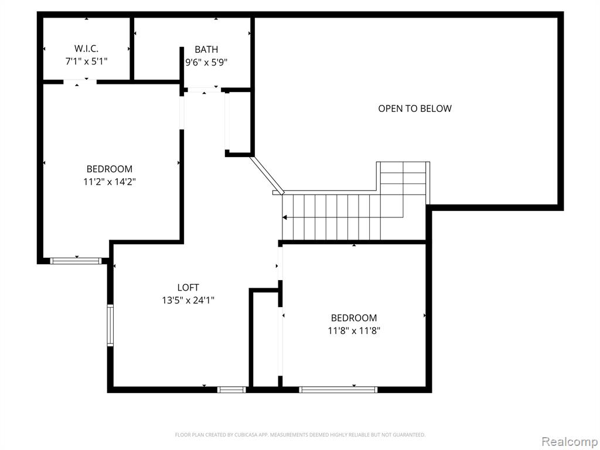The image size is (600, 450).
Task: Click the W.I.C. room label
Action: click(86, 49)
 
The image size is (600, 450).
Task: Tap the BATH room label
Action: click(206, 49)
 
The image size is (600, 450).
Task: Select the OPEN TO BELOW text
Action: click(415, 108)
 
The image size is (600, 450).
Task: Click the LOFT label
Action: click(188, 287)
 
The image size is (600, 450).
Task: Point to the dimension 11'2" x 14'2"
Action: click(110, 182)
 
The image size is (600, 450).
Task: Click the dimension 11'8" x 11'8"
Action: click(354, 330)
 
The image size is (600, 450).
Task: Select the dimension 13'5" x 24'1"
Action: click(188, 301)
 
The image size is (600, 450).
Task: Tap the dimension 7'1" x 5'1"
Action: click(86, 61)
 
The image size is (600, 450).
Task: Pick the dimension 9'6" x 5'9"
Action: click(206, 62)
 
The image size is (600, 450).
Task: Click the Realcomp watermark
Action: click(570, 441)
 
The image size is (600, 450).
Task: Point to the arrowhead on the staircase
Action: click(285, 218)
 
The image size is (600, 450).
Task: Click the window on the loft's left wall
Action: click(110, 325)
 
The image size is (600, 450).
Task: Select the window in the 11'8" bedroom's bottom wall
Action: click(338, 390)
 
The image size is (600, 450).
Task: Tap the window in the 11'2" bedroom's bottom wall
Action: click(76, 261)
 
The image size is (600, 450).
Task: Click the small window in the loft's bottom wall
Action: click(231, 390)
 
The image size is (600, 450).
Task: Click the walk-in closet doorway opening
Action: click(80, 82)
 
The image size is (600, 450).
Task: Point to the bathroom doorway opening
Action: click(204, 90)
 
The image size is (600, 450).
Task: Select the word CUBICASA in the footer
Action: click(247, 435)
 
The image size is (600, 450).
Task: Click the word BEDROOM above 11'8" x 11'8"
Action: click(354, 318)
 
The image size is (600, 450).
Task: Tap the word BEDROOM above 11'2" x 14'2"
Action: click(110, 169)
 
